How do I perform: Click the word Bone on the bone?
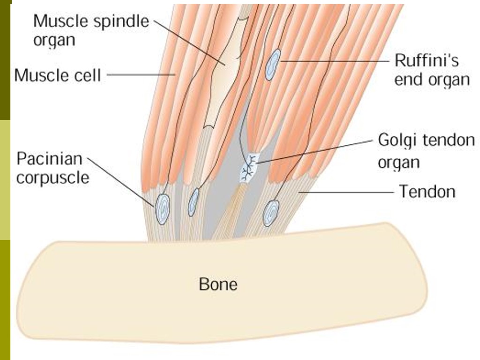tap(218, 284)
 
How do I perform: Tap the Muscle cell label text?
tap(58, 75)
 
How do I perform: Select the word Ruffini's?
tap(426, 61)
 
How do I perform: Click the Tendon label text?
tap(427, 191)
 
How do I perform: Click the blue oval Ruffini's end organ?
tap(273, 64)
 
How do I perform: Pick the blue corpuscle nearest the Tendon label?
tap(271, 213)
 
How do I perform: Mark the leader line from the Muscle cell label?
tap(141, 74)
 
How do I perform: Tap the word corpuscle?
tap(52, 178)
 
